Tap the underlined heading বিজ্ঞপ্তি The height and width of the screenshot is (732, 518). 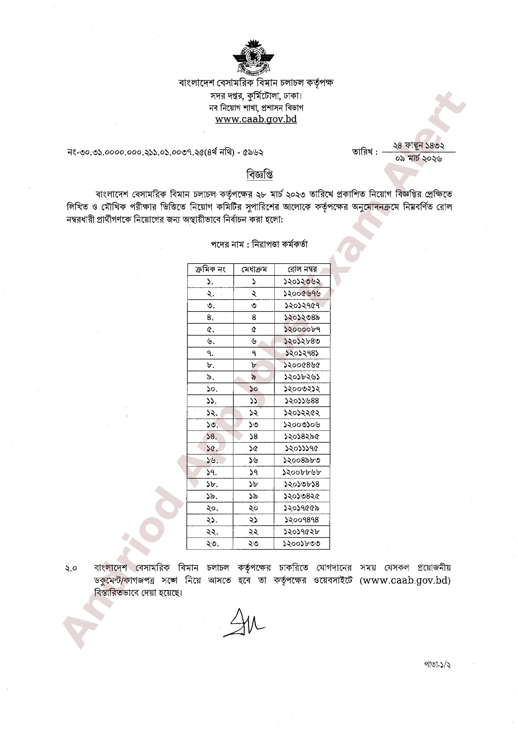259,174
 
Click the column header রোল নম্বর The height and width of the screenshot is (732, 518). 302,269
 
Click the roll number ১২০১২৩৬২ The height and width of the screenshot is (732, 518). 302,281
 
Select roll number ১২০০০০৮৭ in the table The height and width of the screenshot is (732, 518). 302,329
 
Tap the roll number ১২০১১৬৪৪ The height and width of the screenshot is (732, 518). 302,401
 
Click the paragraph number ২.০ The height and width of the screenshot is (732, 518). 71,568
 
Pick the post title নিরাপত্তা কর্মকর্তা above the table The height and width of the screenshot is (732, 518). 280,244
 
